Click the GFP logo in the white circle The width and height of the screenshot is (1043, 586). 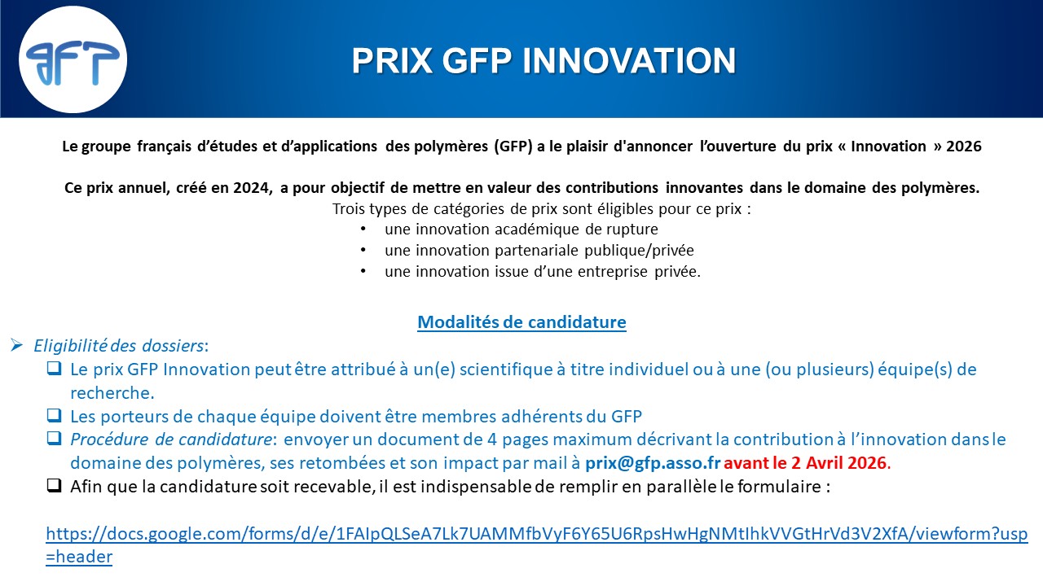tap(73, 63)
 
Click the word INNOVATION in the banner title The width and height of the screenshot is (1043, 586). tap(629, 61)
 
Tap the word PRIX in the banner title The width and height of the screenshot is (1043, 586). tap(392, 61)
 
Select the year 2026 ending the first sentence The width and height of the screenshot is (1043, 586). tap(964, 146)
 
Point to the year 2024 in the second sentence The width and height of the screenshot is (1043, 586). tap(252, 188)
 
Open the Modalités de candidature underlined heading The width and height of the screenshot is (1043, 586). tap(521, 321)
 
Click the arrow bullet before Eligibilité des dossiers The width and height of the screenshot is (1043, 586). tap(17, 345)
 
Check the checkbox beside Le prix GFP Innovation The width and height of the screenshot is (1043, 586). tap(54, 369)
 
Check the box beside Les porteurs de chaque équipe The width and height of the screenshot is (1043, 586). tap(54, 415)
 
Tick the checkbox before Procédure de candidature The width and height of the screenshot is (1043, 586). tap(54, 438)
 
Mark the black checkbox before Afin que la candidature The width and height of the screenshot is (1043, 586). tap(54, 486)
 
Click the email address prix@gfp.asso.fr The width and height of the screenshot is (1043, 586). tap(653, 463)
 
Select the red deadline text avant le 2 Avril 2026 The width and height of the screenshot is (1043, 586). tap(807, 463)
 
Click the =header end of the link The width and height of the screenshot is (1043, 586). tap(79, 557)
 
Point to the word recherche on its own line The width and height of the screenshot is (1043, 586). tap(112, 393)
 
